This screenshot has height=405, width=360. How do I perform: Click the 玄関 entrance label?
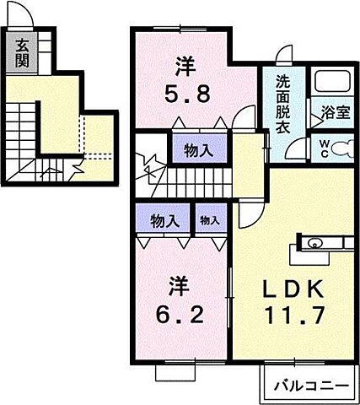[20, 51]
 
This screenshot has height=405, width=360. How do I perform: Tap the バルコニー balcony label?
[311, 386]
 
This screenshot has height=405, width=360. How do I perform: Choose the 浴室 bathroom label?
[333, 112]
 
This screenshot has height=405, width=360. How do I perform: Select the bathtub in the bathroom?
[332, 82]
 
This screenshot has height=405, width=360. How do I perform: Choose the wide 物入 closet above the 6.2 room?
[164, 222]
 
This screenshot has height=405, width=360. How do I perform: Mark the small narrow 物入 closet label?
[210, 222]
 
